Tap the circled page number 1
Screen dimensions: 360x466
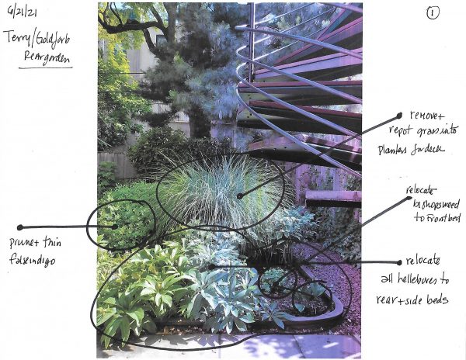point(432,13)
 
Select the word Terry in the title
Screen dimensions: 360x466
point(19,38)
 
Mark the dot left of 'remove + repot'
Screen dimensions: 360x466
point(398,116)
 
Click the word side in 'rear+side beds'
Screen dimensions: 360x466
point(431,298)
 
